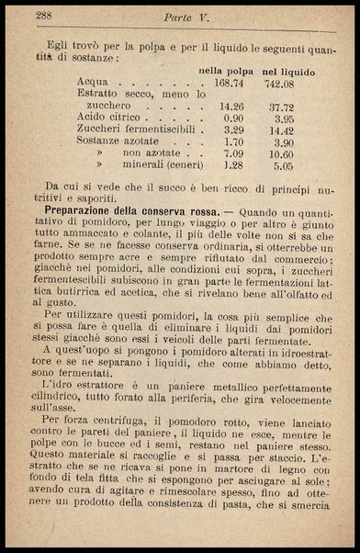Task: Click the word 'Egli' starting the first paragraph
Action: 57,42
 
